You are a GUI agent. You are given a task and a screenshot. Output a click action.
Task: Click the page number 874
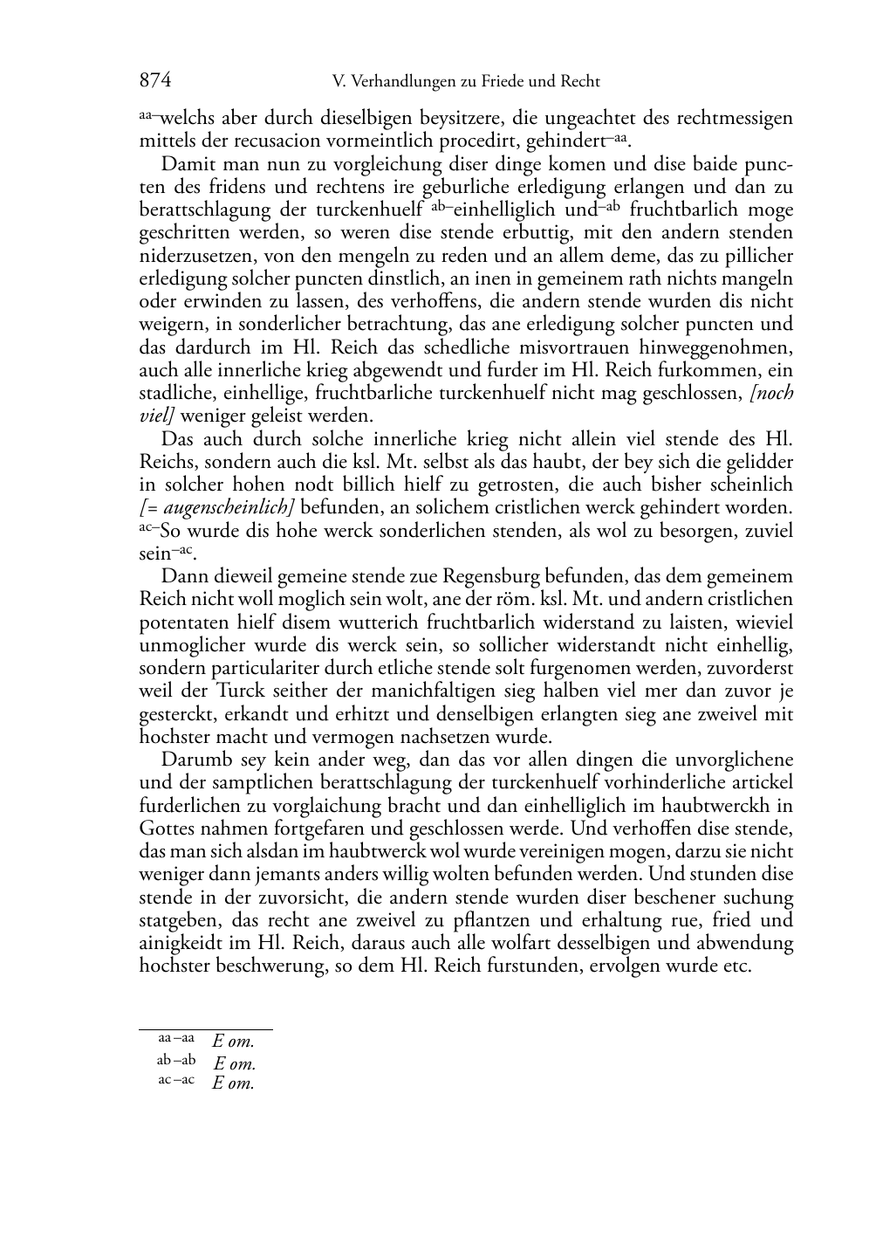coord(154,81)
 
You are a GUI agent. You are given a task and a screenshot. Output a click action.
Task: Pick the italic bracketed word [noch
coord(771,393)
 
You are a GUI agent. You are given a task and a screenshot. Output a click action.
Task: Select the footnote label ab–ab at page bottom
coord(176,1061)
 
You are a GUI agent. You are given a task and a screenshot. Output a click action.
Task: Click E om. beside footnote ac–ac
coord(233,1083)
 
